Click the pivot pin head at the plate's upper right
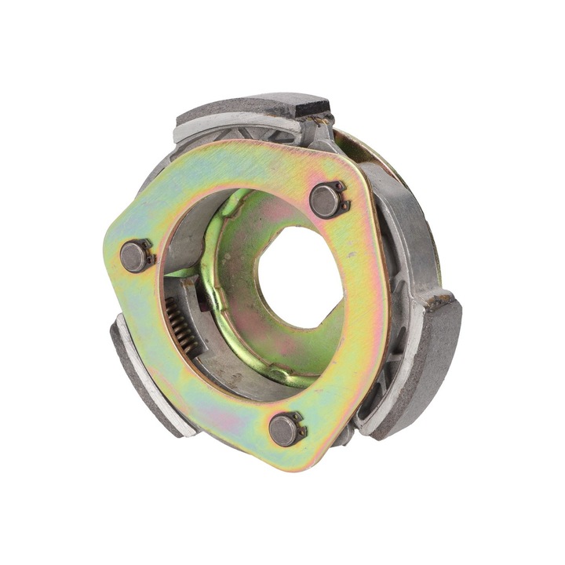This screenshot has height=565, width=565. pyautogui.click(x=325, y=199)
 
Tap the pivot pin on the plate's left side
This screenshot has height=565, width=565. pyautogui.click(x=134, y=256)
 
